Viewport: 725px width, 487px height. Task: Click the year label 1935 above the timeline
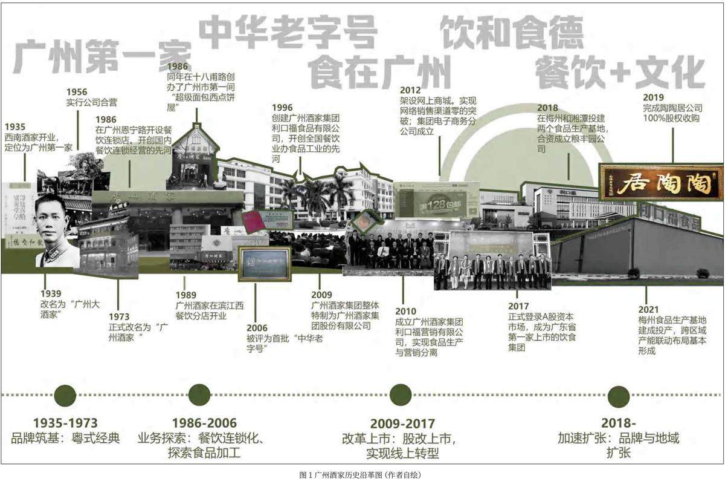point(15,127)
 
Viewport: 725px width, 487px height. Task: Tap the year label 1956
point(77,92)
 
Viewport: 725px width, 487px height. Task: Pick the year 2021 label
point(649,309)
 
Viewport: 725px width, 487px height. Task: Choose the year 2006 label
point(257,328)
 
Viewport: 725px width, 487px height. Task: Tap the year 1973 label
point(120,316)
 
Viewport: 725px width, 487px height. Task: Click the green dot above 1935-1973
point(65,395)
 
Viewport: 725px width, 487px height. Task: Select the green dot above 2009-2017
point(401,395)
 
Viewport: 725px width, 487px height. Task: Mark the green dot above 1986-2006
point(199,395)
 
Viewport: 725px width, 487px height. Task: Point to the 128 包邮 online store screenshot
point(436,199)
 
